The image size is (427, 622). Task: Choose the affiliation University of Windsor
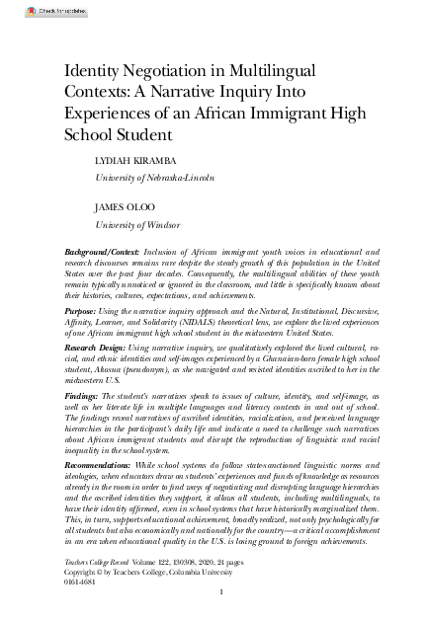pos(136,225)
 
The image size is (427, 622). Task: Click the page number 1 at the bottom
pos(221,593)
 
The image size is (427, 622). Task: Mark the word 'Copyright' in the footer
pos(82,570)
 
